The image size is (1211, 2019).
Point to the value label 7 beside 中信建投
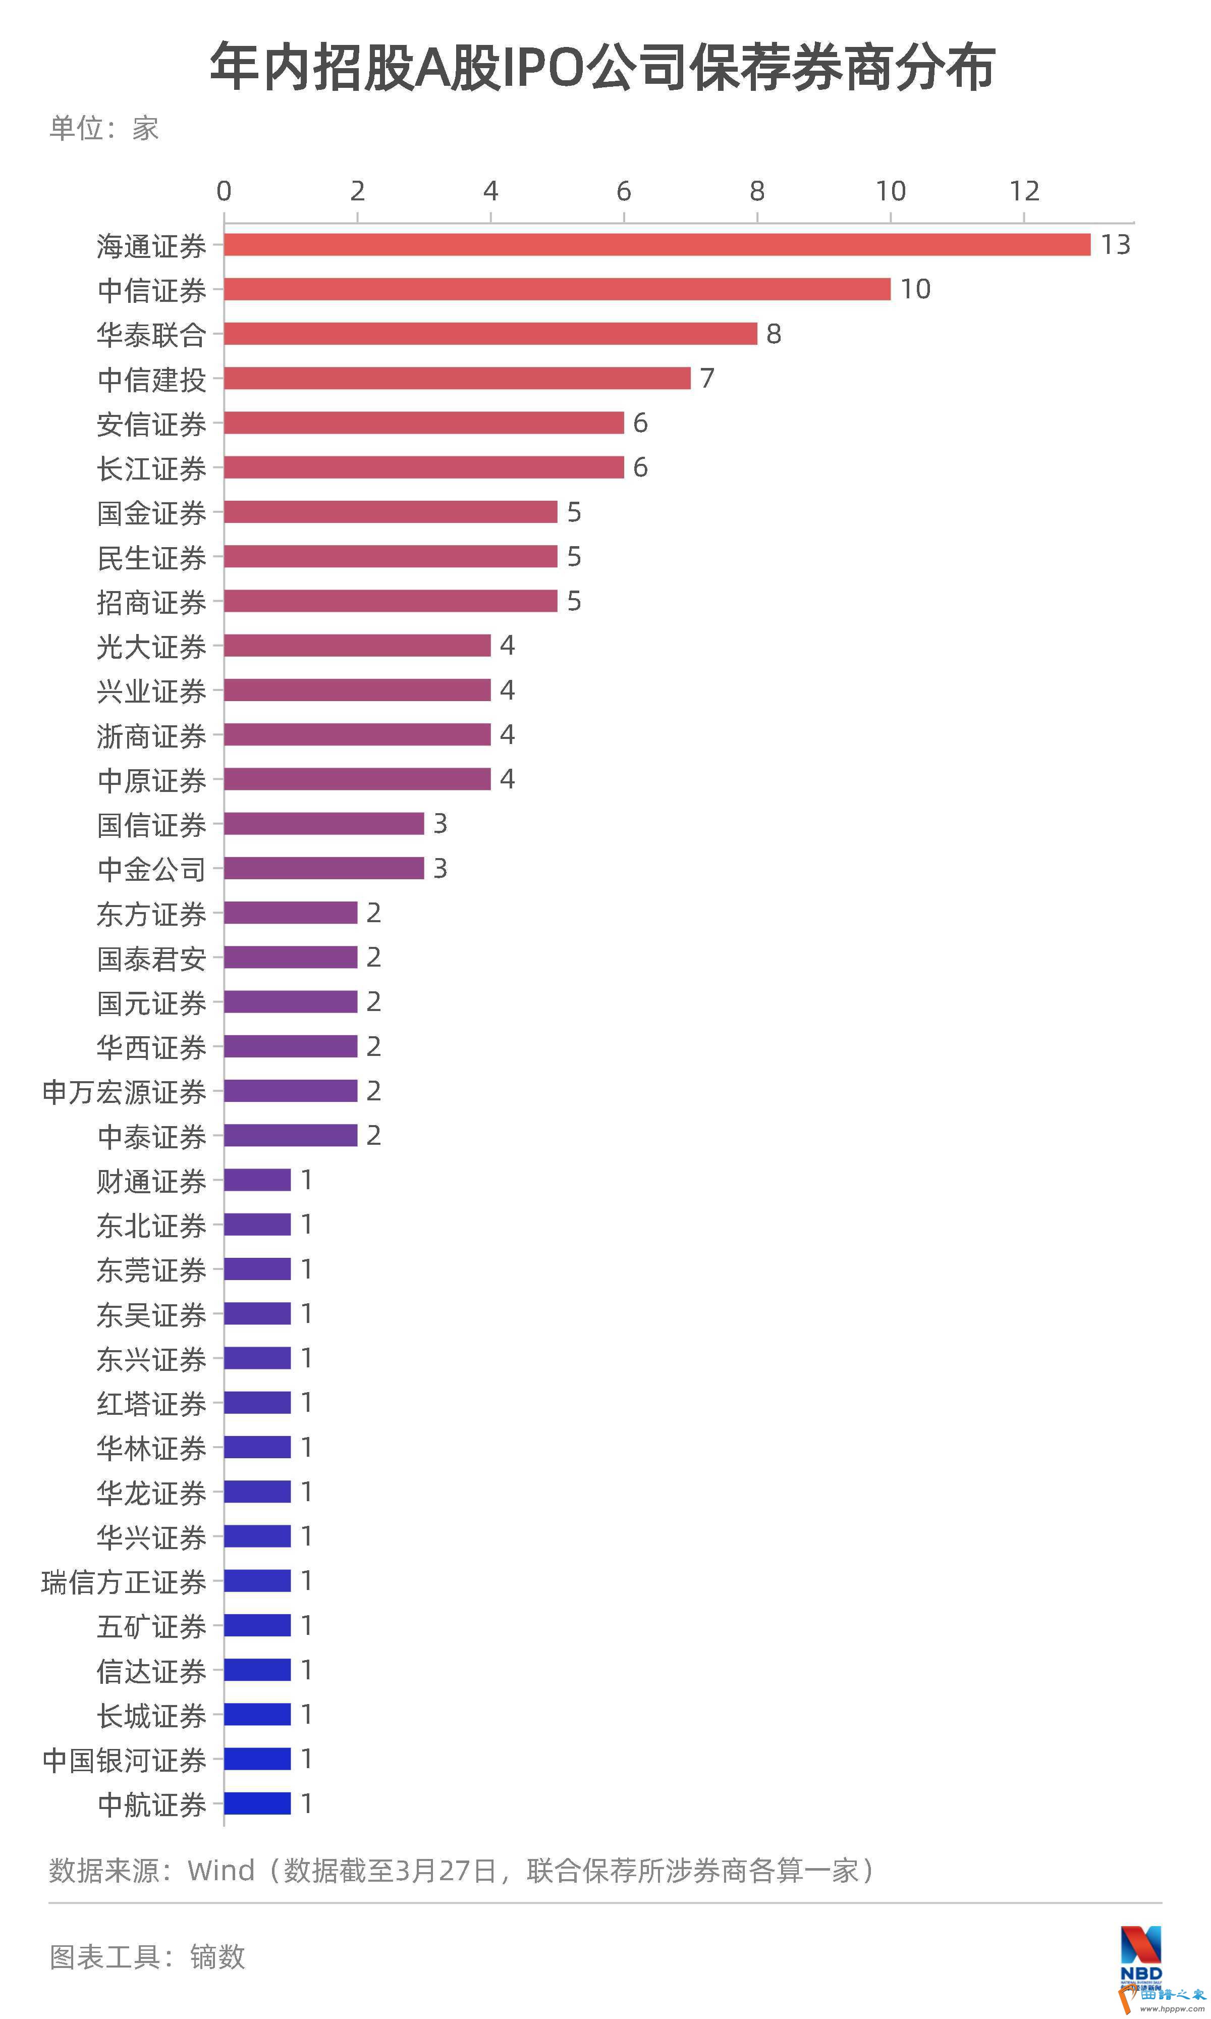pos(707,378)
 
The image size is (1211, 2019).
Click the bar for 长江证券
pos(423,467)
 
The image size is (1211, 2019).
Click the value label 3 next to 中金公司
pos(440,868)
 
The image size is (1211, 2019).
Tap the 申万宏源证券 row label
pos(124,1092)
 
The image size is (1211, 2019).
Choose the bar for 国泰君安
pos(291,958)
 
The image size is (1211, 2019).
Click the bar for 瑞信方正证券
pos(257,1581)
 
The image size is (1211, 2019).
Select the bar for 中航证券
pos(257,1803)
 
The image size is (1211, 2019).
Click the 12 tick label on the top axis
pos(1024,191)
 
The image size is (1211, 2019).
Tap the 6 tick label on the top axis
pos(624,191)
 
